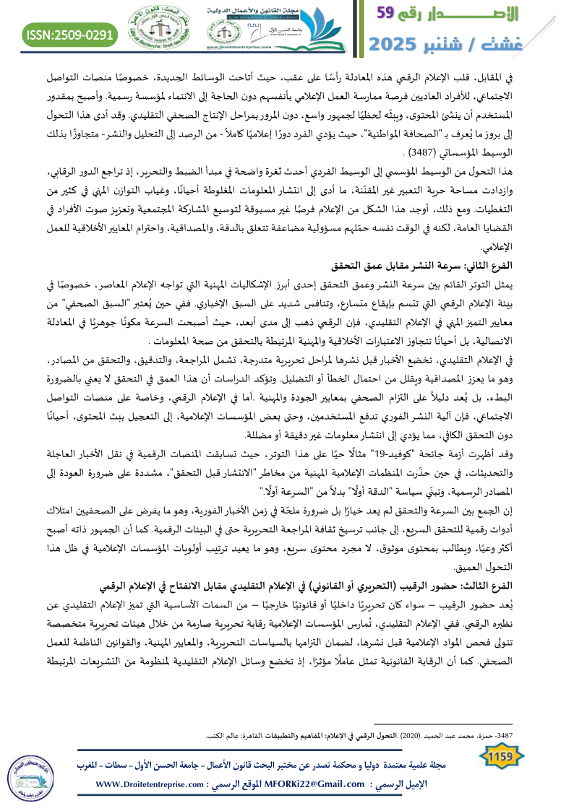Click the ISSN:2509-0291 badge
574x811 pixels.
tap(70, 34)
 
